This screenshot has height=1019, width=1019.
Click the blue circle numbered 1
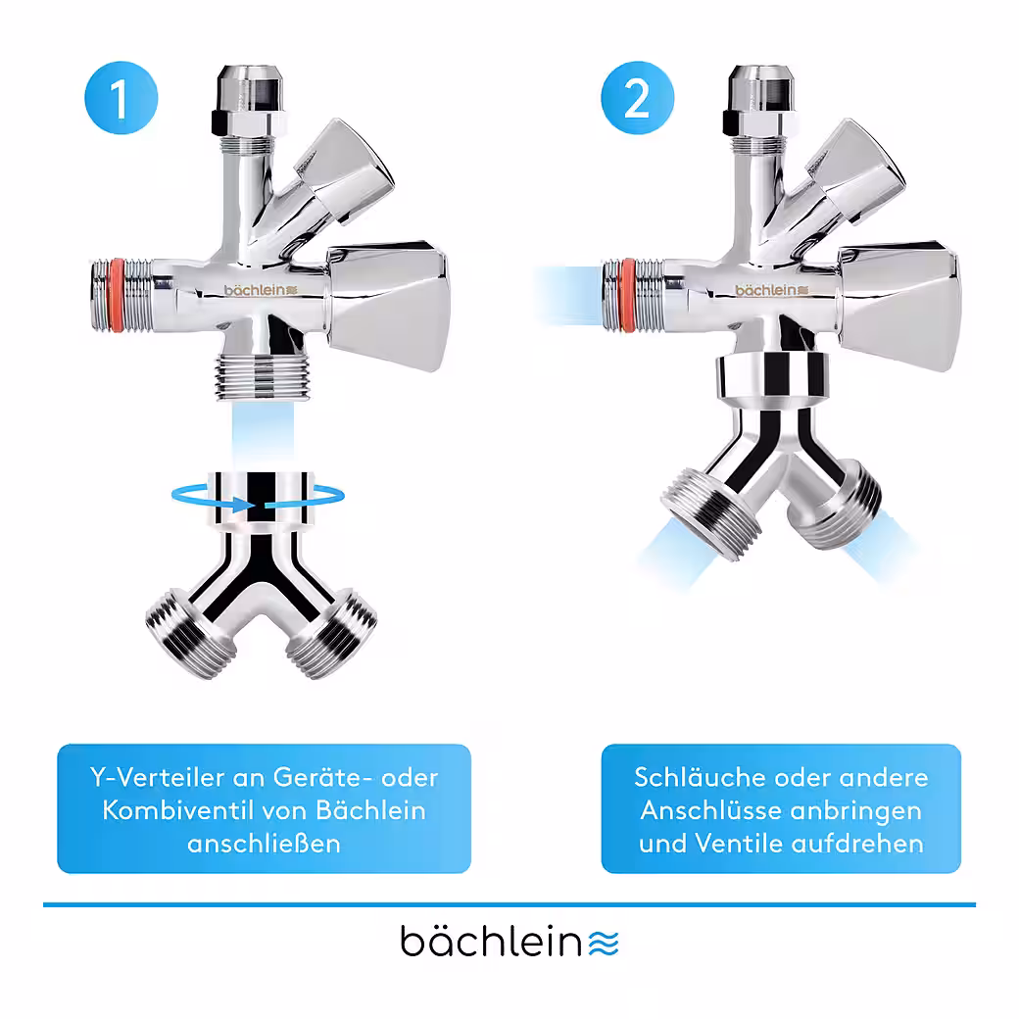coord(121,98)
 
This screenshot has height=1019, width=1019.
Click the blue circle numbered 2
coord(638,98)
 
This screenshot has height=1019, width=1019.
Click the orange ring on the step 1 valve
coord(117,296)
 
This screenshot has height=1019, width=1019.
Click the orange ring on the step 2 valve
coord(628,296)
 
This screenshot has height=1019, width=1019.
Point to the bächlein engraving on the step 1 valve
coord(261,290)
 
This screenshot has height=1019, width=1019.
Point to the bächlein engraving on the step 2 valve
coord(771,290)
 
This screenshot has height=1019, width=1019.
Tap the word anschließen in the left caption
coord(264,844)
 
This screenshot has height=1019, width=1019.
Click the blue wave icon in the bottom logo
coord(604,944)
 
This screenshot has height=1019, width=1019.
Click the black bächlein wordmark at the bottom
coord(491,941)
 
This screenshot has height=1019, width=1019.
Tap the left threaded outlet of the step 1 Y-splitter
coord(190,635)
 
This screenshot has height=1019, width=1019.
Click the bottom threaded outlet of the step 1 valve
coord(263,377)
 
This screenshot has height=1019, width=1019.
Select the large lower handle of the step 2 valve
coord(898,306)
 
